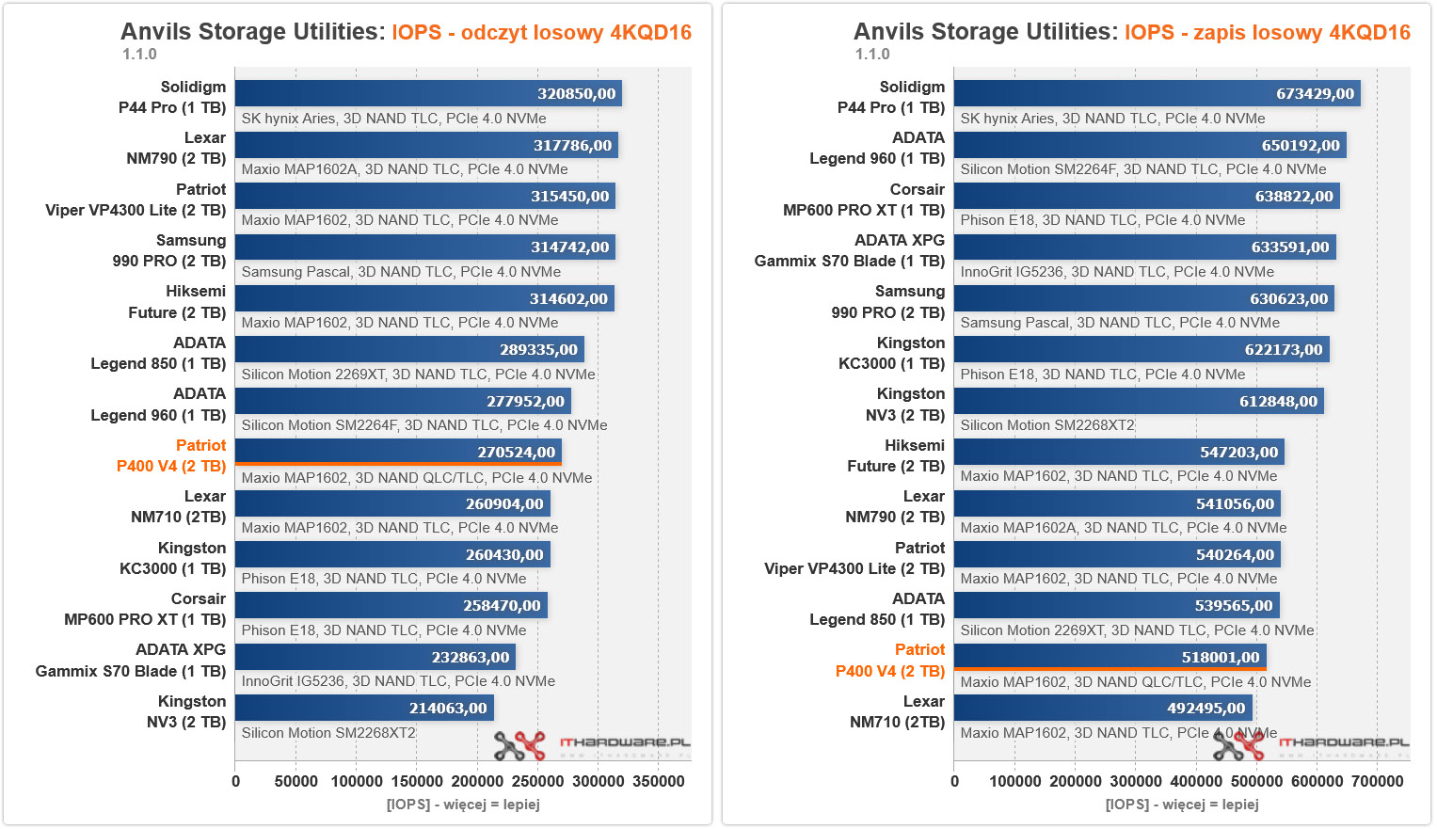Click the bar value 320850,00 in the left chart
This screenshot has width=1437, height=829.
(576, 94)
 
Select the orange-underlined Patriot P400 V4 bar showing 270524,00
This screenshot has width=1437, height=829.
(398, 452)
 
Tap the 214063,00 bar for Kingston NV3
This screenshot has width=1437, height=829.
(364, 708)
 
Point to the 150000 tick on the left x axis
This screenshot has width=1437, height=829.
(417, 781)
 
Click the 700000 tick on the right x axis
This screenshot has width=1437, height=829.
(1377, 781)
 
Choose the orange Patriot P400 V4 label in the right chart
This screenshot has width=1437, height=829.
(890, 661)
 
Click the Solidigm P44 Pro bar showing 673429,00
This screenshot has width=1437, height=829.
(1157, 93)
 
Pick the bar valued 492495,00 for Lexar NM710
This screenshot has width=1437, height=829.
(1103, 708)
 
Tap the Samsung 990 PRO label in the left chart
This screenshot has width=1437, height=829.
(169, 250)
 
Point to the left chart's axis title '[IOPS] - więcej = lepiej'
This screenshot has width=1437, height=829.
(463, 805)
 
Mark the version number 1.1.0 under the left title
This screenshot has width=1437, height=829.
(139, 55)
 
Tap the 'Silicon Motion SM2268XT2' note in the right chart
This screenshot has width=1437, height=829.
(1047, 425)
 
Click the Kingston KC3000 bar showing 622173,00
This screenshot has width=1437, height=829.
(1142, 349)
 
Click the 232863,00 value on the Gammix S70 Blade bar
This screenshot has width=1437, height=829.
(470, 657)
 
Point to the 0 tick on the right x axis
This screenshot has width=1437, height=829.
(954, 781)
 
